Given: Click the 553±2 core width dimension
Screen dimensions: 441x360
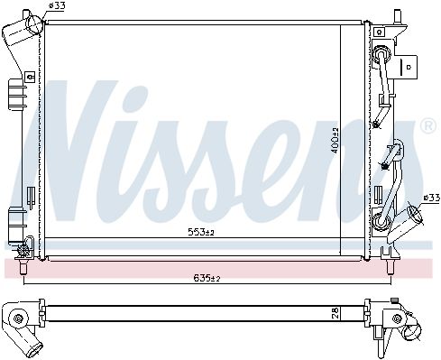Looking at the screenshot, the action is [x=201, y=232].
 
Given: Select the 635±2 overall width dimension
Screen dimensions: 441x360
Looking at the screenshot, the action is [x=207, y=278].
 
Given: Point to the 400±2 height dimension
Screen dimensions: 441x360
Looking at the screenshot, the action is [x=335, y=140].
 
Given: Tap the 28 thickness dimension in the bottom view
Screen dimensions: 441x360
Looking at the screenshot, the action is [x=336, y=313].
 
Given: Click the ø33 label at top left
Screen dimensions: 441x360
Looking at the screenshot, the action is [x=57, y=5].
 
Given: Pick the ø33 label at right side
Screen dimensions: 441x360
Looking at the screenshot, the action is [x=431, y=198].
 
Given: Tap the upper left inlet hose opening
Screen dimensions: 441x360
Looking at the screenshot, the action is [x=35, y=23].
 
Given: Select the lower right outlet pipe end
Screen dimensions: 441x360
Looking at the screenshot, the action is [x=415, y=214].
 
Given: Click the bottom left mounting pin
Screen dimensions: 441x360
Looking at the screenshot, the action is [x=23, y=266].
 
